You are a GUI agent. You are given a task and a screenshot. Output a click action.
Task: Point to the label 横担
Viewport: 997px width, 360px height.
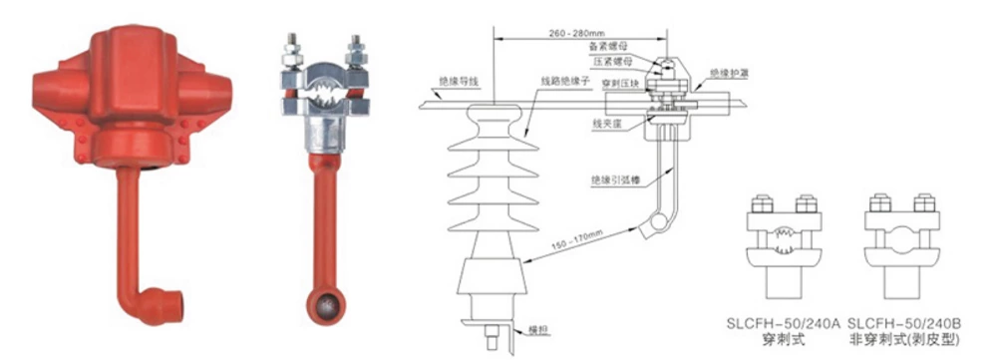[539, 328]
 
